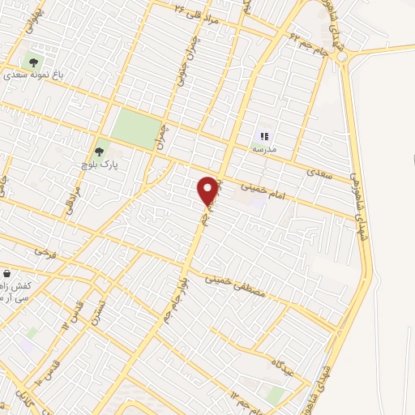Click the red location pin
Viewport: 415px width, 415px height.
[x=208, y=190]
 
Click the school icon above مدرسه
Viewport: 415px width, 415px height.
[x=263, y=136]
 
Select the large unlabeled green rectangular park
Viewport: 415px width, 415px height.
[x=136, y=127]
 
